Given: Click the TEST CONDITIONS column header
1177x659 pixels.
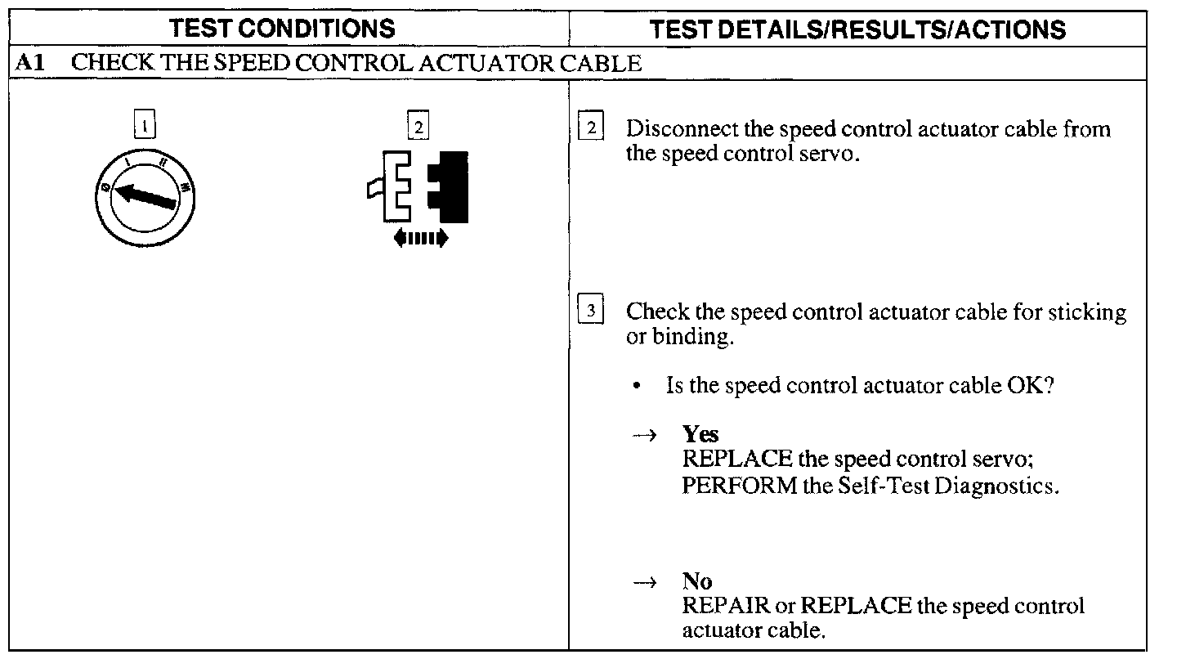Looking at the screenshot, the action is pyautogui.click(x=282, y=29).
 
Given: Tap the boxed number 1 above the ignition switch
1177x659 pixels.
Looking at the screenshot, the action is pyautogui.click(x=145, y=128).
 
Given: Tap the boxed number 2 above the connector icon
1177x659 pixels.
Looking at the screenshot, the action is pyautogui.click(x=418, y=128).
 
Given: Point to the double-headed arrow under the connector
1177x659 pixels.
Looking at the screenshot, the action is pyautogui.click(x=421, y=238).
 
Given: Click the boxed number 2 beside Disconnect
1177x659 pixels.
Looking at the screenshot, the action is pyautogui.click(x=590, y=128).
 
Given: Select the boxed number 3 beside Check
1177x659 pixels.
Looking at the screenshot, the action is pyautogui.click(x=590, y=312).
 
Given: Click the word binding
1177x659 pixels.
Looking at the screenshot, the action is pyautogui.click(x=690, y=337).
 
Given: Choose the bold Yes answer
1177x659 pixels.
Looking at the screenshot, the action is pyautogui.click(x=700, y=434).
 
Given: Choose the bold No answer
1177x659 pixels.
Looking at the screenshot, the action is pyautogui.click(x=697, y=581).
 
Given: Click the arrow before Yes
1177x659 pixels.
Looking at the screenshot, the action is pyautogui.click(x=645, y=436).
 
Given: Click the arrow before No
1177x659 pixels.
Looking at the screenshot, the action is pyautogui.click(x=645, y=582).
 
